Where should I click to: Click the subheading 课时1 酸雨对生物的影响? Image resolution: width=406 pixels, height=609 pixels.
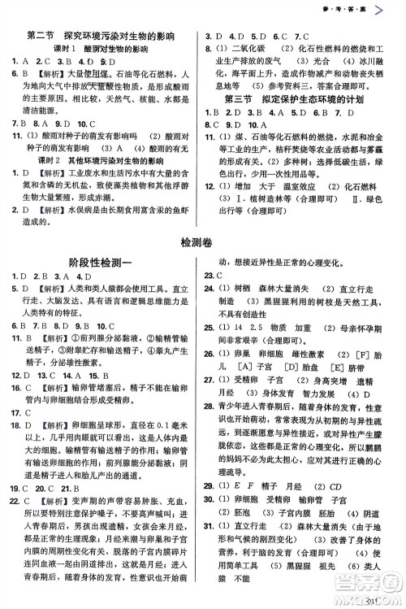click(101, 48)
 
